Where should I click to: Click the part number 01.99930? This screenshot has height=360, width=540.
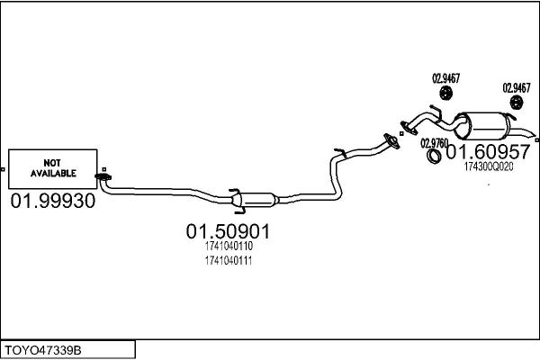click(52, 201)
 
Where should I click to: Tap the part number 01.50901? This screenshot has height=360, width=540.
click(228, 231)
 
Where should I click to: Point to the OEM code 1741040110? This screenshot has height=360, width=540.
click(228, 246)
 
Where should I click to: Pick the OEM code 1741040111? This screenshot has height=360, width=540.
click(228, 260)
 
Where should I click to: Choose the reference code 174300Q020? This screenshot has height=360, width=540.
click(489, 166)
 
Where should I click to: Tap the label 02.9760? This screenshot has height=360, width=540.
click(434, 143)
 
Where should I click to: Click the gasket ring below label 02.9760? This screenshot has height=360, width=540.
click(433, 157)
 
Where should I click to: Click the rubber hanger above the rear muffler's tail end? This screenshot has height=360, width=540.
click(517, 105)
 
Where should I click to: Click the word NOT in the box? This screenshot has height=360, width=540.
click(53, 160)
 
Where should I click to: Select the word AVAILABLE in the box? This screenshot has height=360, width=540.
click(53, 172)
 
